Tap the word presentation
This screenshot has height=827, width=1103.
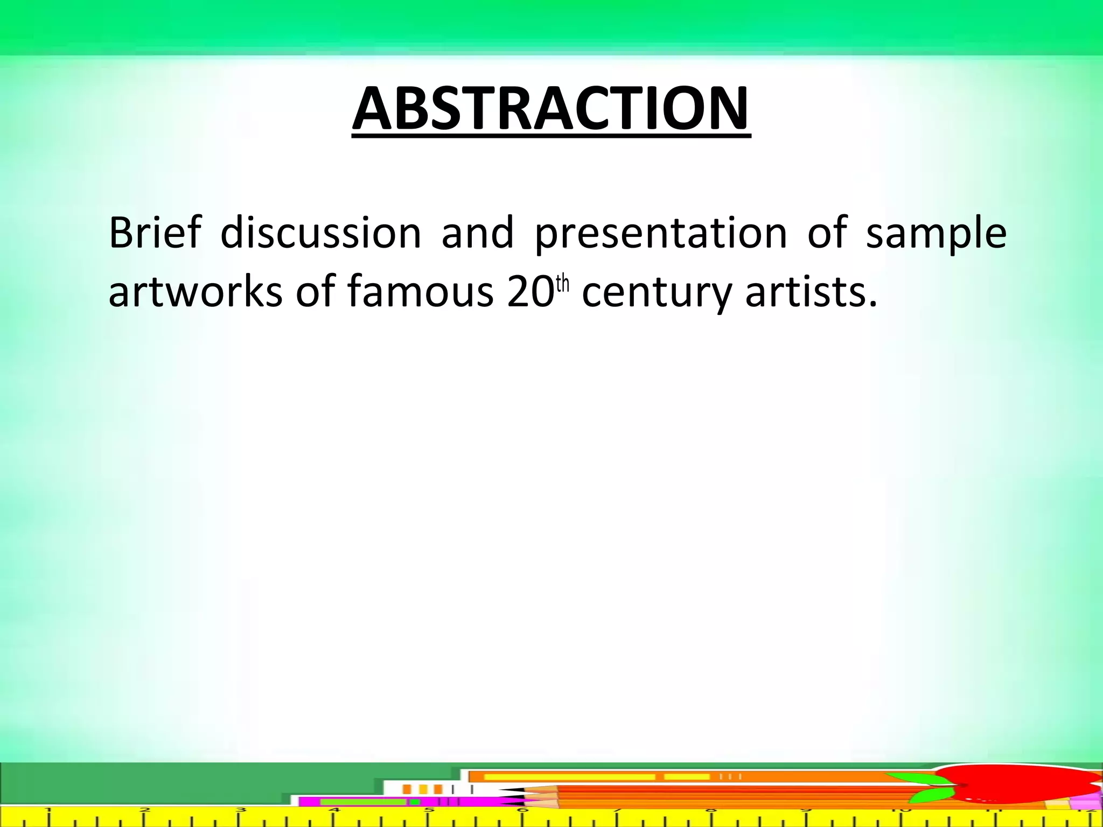point(661,234)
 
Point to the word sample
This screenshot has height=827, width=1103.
point(936,234)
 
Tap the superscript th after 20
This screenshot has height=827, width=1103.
point(562,284)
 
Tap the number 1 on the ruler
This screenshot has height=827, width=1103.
point(48,810)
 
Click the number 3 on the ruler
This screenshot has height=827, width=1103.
point(241,810)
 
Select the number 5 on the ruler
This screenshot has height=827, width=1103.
point(429,810)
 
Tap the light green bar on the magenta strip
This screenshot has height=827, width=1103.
point(362,802)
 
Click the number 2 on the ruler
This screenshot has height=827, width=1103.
point(144,810)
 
